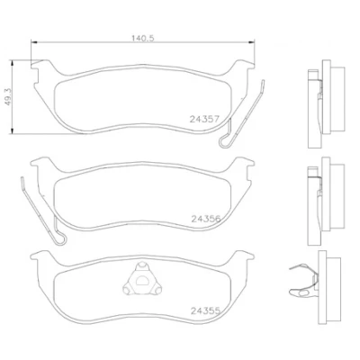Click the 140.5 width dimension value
pos(143,39)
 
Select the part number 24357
pos(205,120)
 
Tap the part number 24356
pos(206,219)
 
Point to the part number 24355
pos(206,310)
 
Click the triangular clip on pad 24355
pos(142,279)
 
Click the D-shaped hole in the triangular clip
pos(142,281)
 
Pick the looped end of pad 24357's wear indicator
pos(225,141)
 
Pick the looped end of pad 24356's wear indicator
pos(60,238)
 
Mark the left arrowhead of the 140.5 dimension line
pos(33,42)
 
